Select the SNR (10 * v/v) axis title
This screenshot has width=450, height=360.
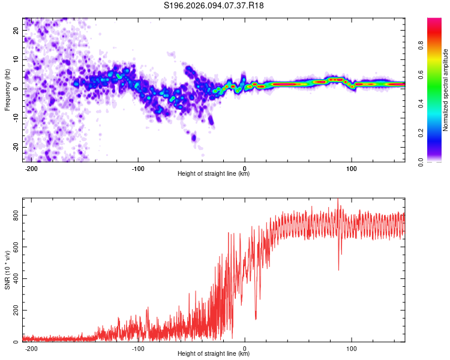coord(7,271)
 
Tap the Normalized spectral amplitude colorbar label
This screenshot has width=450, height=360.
coord(445,90)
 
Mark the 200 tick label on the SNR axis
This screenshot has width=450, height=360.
coord(16,310)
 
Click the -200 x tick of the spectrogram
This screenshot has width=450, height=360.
coord(32,169)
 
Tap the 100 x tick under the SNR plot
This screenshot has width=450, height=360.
coord(352,349)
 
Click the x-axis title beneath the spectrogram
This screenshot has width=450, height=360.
coord(214,174)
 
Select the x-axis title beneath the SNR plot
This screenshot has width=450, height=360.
coord(214,354)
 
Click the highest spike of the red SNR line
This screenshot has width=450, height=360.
coord(337,200)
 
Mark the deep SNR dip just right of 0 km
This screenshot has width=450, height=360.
coord(256,319)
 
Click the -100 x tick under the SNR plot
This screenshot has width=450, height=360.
coord(138,349)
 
